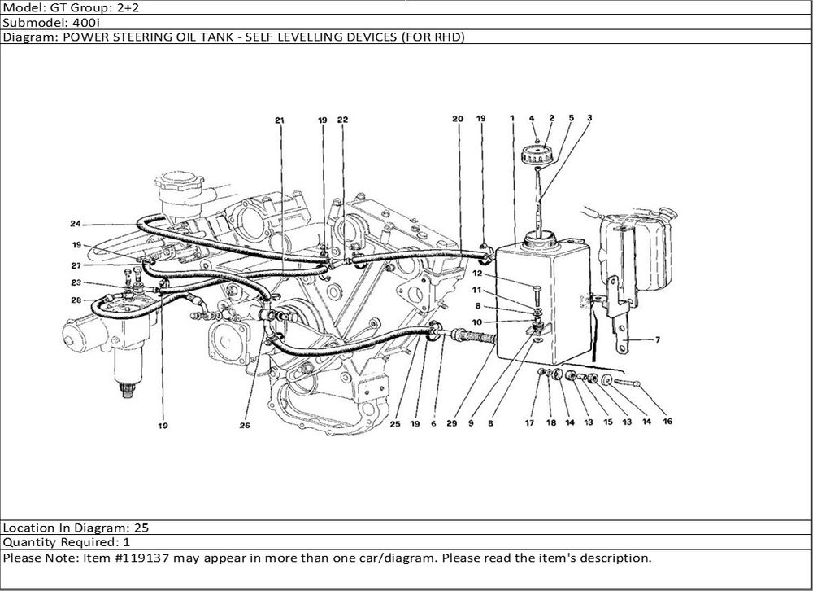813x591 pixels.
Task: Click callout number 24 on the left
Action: click(76, 224)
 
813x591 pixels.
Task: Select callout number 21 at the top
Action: click(280, 120)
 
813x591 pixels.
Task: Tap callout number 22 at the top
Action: click(343, 120)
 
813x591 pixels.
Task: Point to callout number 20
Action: click(457, 119)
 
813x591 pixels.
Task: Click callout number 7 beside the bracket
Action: click(658, 339)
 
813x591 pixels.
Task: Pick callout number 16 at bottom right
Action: click(667, 421)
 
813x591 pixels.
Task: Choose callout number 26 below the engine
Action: click(245, 425)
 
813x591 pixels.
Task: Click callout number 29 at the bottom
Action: click(451, 423)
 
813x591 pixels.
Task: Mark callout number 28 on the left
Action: click(76, 300)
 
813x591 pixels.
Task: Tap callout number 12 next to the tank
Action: click(477, 274)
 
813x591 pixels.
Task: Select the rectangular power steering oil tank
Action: click(543, 302)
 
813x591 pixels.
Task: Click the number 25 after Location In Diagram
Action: click(141, 528)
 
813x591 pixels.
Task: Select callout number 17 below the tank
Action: click(529, 422)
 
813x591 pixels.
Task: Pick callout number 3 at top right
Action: click(589, 118)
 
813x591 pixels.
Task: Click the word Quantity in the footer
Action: click(31, 543)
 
